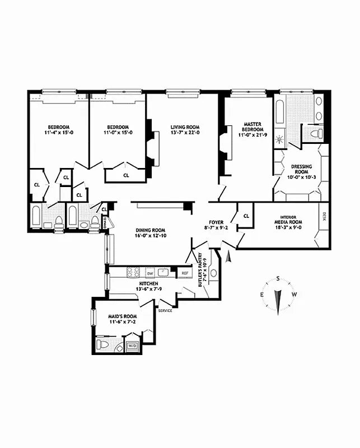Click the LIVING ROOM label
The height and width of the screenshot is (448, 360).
point(185,127)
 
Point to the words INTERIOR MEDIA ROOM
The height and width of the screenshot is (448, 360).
point(291,219)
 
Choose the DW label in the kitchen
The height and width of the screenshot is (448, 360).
point(149,273)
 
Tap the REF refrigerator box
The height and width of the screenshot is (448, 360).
point(184,273)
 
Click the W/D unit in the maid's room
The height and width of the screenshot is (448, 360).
point(133,346)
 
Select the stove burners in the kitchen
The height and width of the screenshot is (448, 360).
point(133,273)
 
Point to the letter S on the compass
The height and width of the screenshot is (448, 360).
point(277,278)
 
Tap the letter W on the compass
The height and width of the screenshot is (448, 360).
point(294,295)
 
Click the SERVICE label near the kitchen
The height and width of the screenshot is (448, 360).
point(165,310)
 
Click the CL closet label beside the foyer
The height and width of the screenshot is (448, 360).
point(246,215)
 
